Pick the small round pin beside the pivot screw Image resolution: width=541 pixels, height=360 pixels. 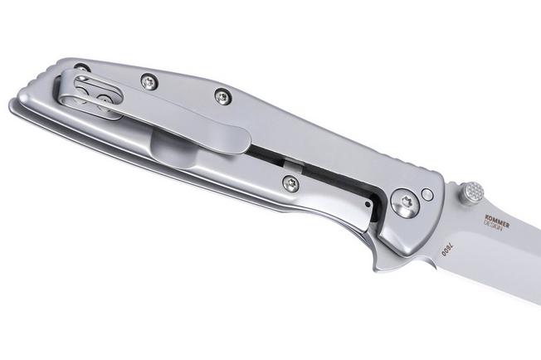tap(427, 195)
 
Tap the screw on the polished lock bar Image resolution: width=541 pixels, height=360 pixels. tap(290, 184)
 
